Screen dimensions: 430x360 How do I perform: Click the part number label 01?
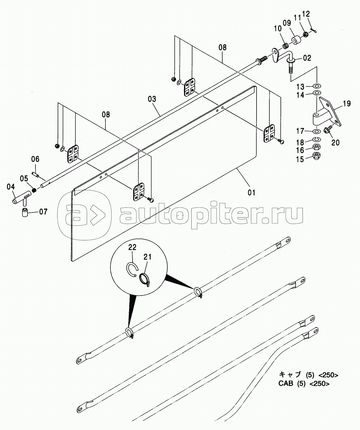click(251, 192)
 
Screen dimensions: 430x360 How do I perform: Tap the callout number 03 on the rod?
click(152, 99)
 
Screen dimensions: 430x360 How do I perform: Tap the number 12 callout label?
click(306, 14)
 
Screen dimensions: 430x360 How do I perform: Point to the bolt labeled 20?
click(328, 129)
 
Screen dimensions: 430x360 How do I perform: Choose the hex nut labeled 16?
click(317, 147)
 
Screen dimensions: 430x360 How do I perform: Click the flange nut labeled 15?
click(317, 155)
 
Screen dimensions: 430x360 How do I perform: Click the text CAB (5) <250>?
click(304, 383)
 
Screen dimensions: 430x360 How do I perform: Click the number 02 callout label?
click(307, 58)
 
